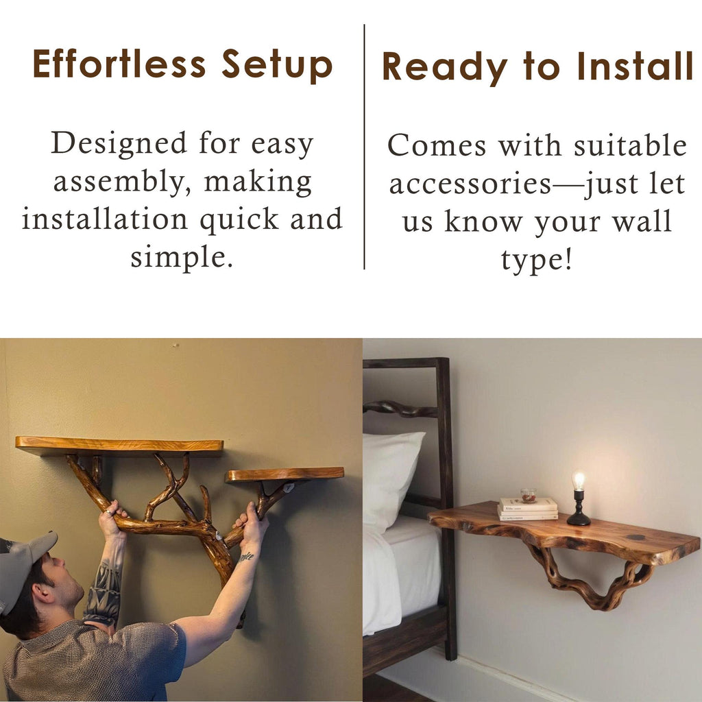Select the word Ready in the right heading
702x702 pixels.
[445, 67]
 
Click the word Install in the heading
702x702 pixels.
[635, 66]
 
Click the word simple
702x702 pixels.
[182, 258]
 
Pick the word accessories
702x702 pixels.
[470, 184]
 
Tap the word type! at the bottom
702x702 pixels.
[536, 261]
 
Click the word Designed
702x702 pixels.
[119, 144]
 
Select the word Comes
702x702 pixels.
[437, 146]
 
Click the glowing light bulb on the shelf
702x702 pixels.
[579, 481]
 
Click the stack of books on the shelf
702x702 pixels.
[528, 509]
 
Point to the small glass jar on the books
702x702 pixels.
[529, 496]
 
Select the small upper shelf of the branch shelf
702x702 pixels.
[285, 474]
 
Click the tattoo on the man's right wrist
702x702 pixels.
[247, 557]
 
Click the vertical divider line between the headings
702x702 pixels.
[364, 147]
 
